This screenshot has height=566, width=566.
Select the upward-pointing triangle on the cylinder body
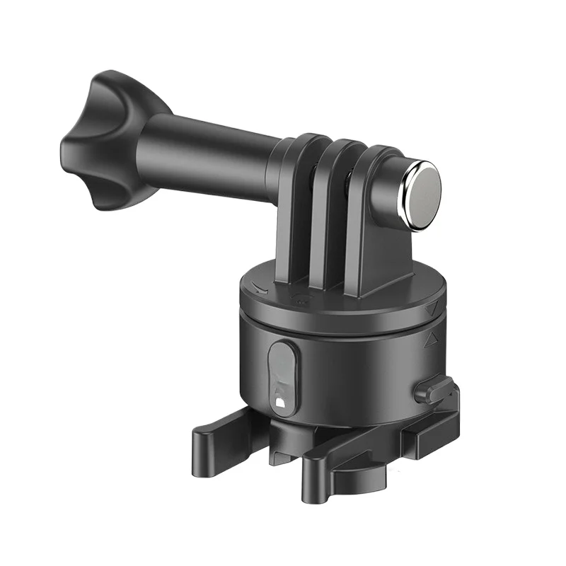tap(429, 340)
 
